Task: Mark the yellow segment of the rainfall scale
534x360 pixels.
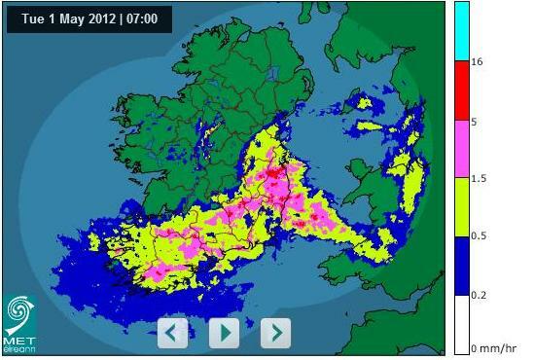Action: [x=462, y=207]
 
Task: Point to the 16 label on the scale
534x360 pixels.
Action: [x=478, y=61]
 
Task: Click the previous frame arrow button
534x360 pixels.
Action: [x=172, y=333]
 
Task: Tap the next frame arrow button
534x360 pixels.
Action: [x=276, y=333]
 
